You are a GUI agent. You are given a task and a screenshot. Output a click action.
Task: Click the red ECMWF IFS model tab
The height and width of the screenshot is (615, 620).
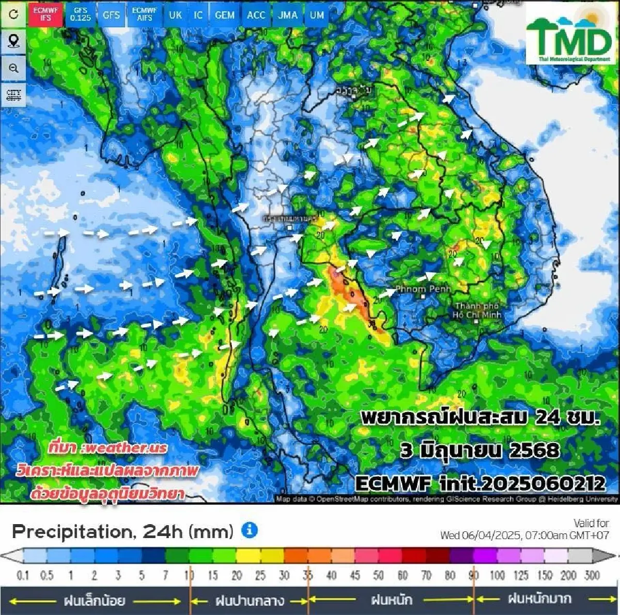[x=45, y=14]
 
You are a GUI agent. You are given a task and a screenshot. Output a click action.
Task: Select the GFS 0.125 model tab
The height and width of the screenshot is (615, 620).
[x=81, y=14]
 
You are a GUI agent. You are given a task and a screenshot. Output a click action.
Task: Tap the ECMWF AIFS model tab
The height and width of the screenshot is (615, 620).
[x=145, y=14]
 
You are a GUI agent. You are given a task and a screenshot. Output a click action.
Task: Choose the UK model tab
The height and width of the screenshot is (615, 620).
[x=175, y=14]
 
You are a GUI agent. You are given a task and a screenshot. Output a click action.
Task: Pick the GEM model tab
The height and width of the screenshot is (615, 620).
[x=225, y=14]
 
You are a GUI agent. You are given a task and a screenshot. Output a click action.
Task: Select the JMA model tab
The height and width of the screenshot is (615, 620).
[x=288, y=14]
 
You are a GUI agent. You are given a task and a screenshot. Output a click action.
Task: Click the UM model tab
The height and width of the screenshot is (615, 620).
[x=317, y=14]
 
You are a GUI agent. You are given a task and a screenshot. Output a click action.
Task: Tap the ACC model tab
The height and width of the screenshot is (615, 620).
[x=256, y=14]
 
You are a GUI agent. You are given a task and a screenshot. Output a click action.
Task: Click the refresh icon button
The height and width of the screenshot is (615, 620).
[x=14, y=14]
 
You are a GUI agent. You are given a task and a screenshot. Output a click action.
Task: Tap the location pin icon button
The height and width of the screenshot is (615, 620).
[x=14, y=41]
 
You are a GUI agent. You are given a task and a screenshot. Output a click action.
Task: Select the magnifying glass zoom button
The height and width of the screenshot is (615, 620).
[x=14, y=68]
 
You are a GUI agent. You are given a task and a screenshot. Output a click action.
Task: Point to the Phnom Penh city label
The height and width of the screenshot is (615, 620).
[x=423, y=289]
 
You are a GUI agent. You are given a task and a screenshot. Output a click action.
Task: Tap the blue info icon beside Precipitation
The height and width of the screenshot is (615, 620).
[x=250, y=530]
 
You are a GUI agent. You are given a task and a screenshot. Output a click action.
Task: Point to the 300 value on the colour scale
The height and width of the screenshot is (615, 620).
[x=592, y=575]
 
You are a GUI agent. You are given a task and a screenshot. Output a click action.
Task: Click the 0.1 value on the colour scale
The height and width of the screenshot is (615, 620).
[x=23, y=575]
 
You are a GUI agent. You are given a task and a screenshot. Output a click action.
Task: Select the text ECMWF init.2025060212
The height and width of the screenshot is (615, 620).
[x=480, y=483]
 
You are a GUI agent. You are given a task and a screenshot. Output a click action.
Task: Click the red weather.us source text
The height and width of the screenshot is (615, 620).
[x=108, y=447]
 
